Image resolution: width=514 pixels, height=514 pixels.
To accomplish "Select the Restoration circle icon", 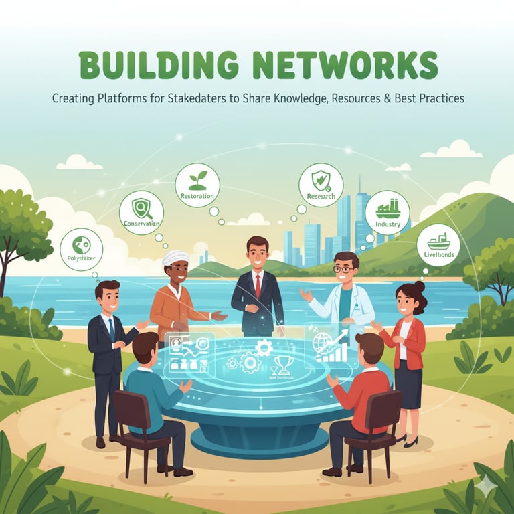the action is tap(197, 185).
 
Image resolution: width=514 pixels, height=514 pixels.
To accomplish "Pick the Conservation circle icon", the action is tap(141, 212).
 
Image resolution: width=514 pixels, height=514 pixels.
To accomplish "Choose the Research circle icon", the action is tap(321, 185).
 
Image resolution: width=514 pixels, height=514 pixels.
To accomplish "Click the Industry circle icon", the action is tap(388, 212).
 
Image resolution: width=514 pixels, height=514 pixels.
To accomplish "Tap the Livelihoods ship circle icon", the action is tap(438, 245).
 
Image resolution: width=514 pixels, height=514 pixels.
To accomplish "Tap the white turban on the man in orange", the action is tap(176, 258).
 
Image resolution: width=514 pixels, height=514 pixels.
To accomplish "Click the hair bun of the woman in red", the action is tap(419, 286).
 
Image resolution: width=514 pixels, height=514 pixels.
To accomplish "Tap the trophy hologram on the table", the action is tap(283, 364).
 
